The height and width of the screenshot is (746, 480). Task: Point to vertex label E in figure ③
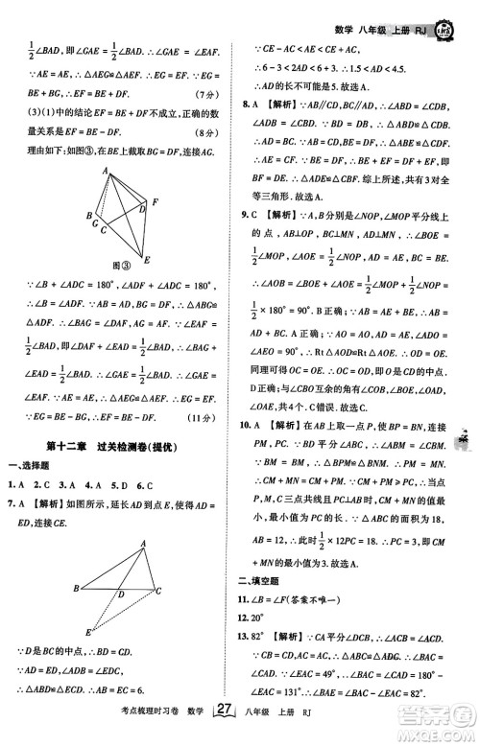click(x=147, y=259)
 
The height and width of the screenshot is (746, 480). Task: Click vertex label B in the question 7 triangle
click(x=76, y=588)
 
